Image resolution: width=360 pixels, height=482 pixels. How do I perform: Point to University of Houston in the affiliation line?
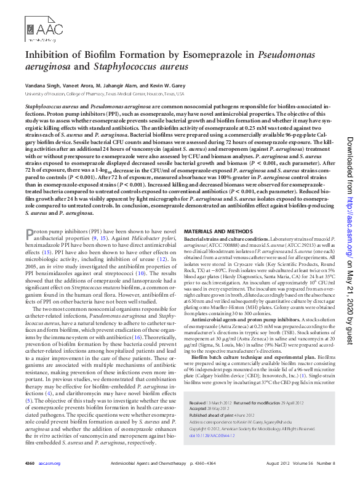click(x=43, y=94)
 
